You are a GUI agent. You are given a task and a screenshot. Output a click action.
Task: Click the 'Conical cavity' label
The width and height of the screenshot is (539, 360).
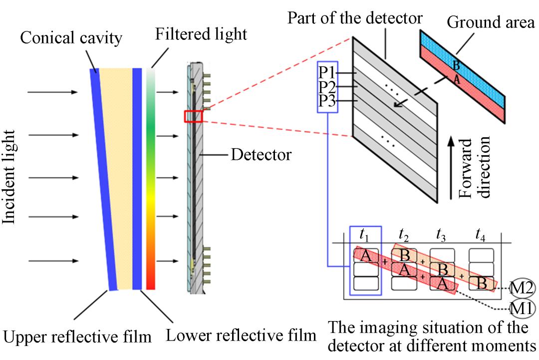[x=70, y=38]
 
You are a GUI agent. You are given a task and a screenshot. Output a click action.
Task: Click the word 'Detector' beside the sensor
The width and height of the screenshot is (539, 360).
[x=261, y=155]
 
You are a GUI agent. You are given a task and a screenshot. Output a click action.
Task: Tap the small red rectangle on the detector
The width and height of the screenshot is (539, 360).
[x=193, y=116]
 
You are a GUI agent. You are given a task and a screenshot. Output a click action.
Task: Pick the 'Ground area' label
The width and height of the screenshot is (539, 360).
[x=491, y=22]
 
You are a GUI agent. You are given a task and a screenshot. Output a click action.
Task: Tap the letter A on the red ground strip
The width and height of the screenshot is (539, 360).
[x=455, y=78]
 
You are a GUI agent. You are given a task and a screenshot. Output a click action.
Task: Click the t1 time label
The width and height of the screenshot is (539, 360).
[x=365, y=233]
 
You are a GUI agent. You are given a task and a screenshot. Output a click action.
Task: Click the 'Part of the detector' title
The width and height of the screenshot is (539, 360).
[x=354, y=18]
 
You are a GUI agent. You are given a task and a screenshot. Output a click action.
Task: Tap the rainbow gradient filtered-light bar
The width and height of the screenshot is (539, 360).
[x=151, y=180]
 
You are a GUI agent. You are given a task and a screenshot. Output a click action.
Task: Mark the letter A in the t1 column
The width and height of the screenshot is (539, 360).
[x=365, y=256]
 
